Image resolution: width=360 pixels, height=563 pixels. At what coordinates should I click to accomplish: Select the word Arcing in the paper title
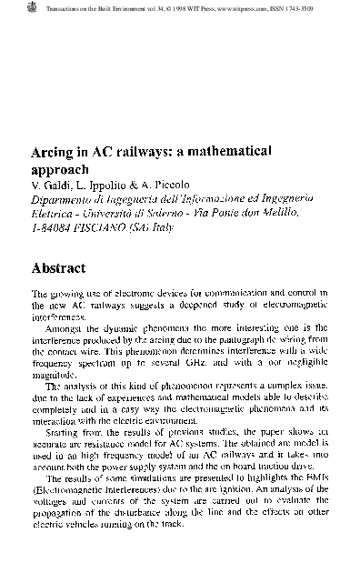click(x=53, y=152)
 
